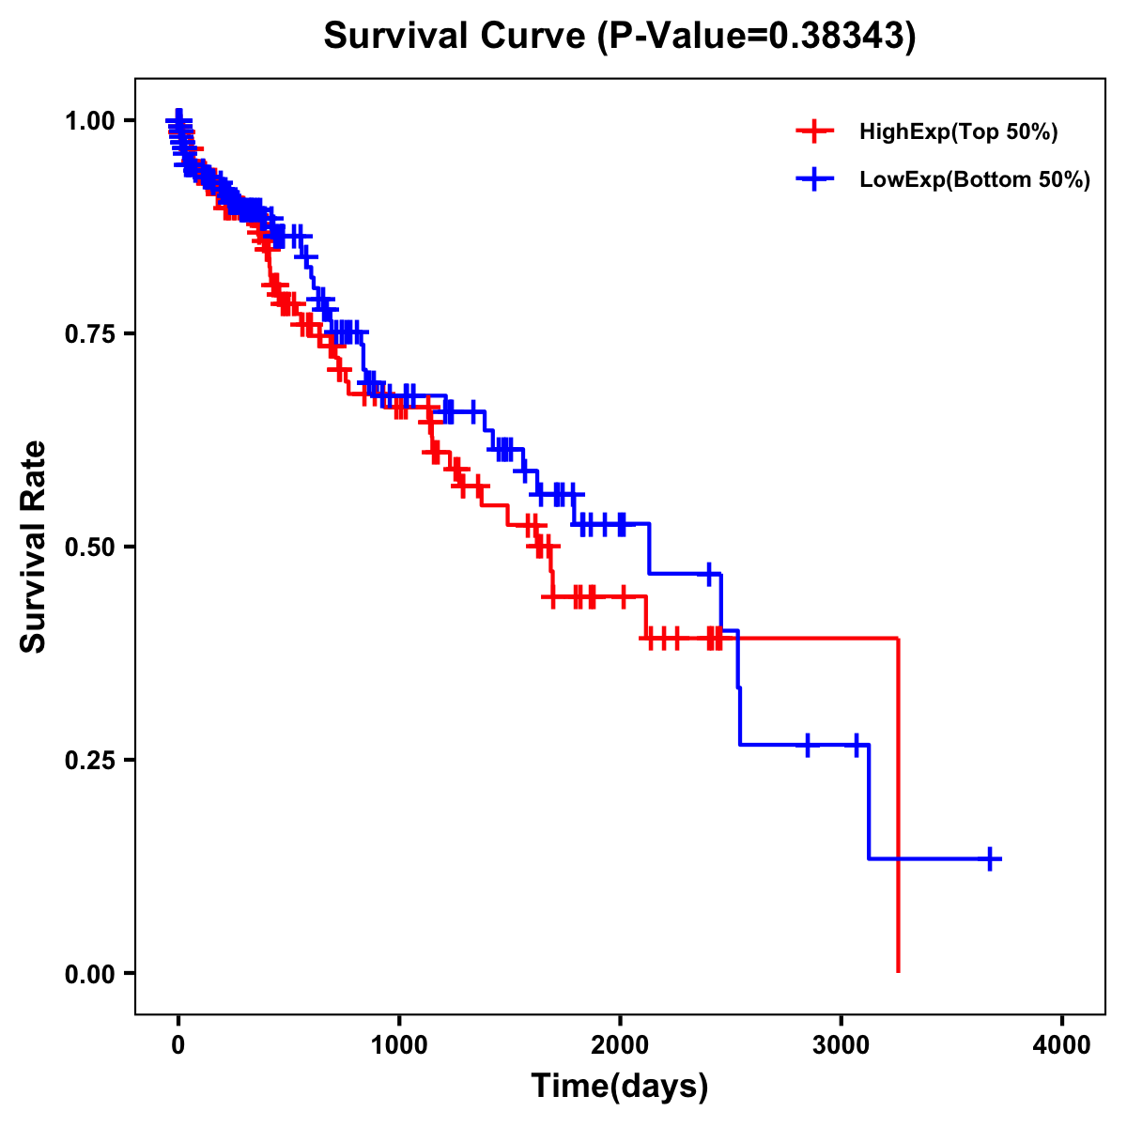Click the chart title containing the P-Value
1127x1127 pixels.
click(x=619, y=36)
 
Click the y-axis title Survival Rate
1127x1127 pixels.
click(x=34, y=547)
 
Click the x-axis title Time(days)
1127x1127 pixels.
click(x=620, y=1086)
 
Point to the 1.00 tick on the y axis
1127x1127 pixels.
click(x=89, y=120)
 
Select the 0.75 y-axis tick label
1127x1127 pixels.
click(x=89, y=333)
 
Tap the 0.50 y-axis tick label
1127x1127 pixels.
click(x=89, y=547)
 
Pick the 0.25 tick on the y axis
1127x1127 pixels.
click(x=89, y=760)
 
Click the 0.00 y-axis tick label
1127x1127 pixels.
click(x=89, y=973)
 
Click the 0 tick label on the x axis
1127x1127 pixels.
click(x=178, y=1044)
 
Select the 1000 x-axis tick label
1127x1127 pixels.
click(x=399, y=1044)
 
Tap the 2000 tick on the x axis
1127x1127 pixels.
click(x=620, y=1044)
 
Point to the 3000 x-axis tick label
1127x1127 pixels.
click(x=841, y=1044)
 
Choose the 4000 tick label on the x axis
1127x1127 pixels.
click(x=1062, y=1044)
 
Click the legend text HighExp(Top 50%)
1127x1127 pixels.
click(x=959, y=132)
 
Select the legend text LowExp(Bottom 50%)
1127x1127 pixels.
click(x=975, y=180)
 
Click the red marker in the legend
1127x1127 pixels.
click(x=814, y=132)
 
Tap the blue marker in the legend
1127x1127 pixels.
click(x=814, y=180)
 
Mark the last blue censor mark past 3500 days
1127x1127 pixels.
click(x=990, y=858)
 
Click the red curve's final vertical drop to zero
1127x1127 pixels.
click(x=899, y=808)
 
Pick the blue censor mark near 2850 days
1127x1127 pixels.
click(x=807, y=745)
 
